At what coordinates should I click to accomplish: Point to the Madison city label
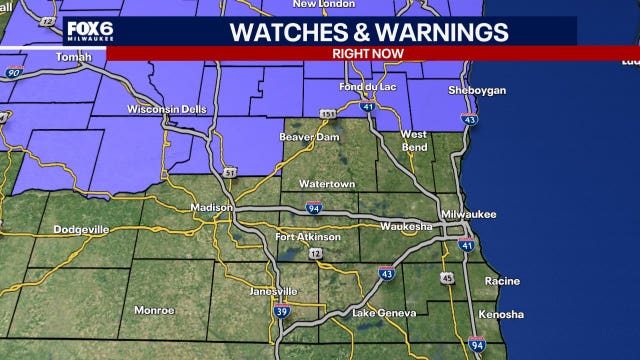(x=211, y=208)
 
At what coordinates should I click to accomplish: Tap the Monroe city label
(x=154, y=310)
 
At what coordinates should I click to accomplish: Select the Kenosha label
(x=500, y=314)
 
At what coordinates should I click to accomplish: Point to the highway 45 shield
(x=447, y=277)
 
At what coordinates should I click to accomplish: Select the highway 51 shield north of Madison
(x=228, y=173)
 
